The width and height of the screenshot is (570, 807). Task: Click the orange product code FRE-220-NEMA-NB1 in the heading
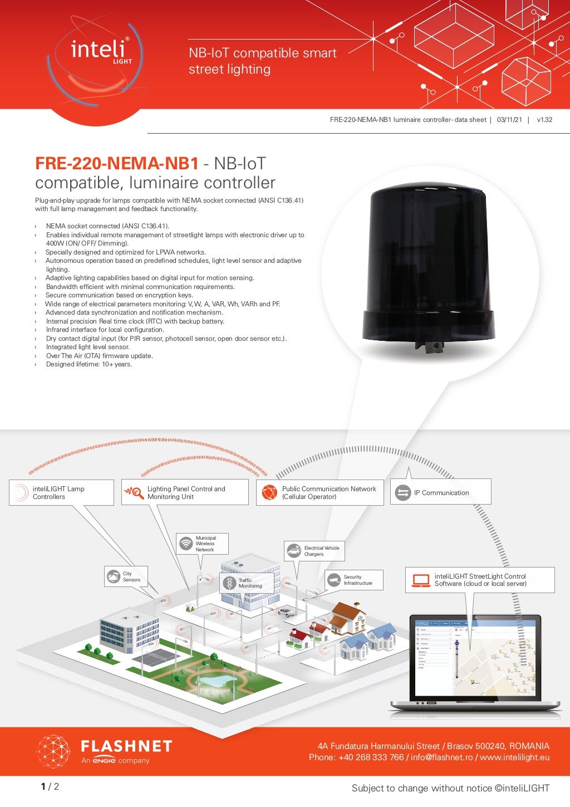pyautogui.click(x=117, y=163)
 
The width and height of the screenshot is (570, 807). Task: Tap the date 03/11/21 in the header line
pyautogui.click(x=509, y=120)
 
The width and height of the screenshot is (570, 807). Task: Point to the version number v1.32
pyautogui.click(x=544, y=120)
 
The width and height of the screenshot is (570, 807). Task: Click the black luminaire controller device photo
pyautogui.click(x=428, y=267)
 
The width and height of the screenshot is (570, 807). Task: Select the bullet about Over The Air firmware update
pyautogui.click(x=99, y=356)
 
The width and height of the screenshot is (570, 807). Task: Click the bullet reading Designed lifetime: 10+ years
pyautogui.click(x=89, y=364)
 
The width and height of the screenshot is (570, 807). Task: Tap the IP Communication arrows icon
pyautogui.click(x=402, y=492)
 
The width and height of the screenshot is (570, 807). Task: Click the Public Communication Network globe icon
pyautogui.click(x=269, y=492)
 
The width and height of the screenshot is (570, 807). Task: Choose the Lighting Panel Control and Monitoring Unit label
pyautogui.click(x=186, y=492)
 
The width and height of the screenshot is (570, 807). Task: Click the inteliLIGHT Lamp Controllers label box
pyautogui.click(x=61, y=492)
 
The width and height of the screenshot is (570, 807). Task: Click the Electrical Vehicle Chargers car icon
pyautogui.click(x=293, y=551)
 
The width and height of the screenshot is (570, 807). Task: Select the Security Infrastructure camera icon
pyautogui.click(x=334, y=580)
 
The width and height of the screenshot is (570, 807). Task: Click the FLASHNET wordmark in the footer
pyautogui.click(x=126, y=746)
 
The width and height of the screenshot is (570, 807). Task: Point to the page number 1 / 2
pyautogui.click(x=50, y=786)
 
